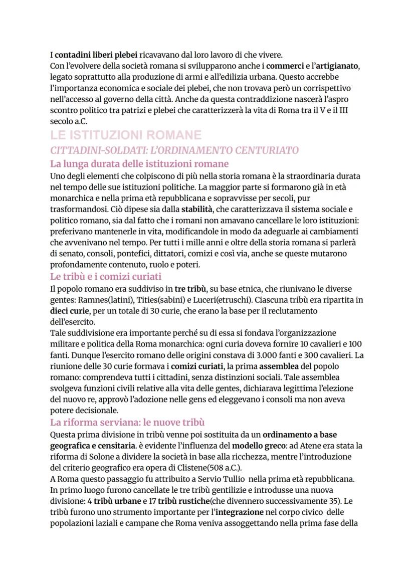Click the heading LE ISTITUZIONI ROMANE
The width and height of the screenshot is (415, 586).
126,135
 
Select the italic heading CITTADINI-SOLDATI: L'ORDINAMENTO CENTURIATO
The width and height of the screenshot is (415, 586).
174,150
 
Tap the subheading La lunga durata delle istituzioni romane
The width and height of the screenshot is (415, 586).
139,163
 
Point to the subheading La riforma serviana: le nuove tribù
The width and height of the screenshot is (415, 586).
127,422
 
